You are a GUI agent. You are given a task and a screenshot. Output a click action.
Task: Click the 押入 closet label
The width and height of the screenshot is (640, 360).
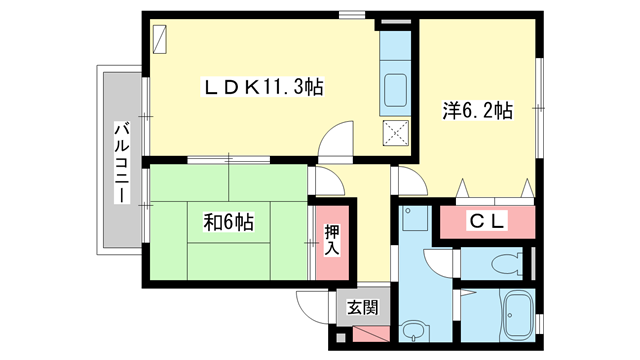click(x=333, y=240)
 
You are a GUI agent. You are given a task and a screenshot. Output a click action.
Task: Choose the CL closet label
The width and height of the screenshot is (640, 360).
click(x=487, y=221)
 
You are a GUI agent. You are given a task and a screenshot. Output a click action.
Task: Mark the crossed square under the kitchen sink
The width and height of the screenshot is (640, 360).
click(x=396, y=132)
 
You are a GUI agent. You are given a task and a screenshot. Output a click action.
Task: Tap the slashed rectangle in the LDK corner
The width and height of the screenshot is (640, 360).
click(x=161, y=39)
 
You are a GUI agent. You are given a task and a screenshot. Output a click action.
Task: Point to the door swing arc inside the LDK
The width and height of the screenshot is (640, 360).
click(x=337, y=137)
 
